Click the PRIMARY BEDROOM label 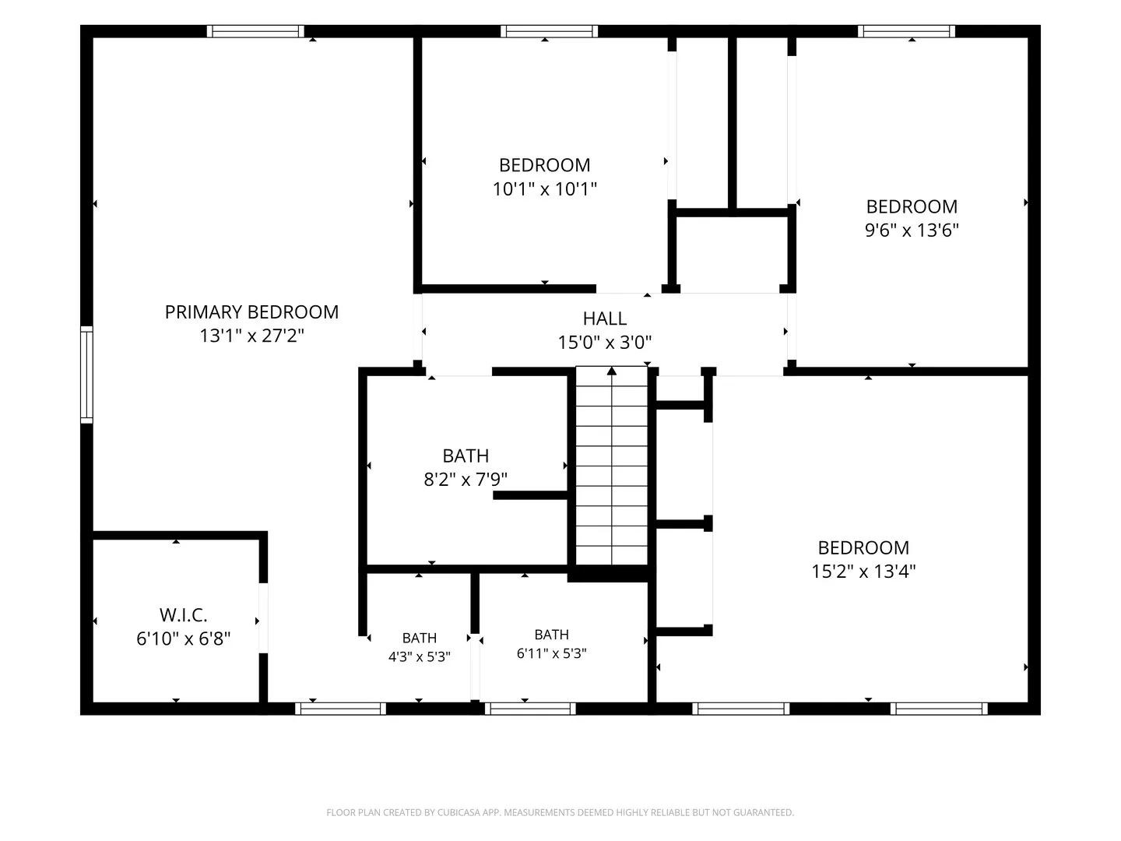pyautogui.click(x=251, y=312)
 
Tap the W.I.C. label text pyautogui.click(x=184, y=615)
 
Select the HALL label pyautogui.click(x=605, y=318)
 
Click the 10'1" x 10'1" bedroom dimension pyautogui.click(x=544, y=189)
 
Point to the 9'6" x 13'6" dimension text pyautogui.click(x=912, y=230)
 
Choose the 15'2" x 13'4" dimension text pyautogui.click(x=863, y=572)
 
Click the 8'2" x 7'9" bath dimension pyautogui.click(x=466, y=480)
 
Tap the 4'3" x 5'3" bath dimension pyautogui.click(x=420, y=656)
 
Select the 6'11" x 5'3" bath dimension pyautogui.click(x=552, y=653)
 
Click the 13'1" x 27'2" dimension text pyautogui.click(x=251, y=336)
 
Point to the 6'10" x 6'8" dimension pyautogui.click(x=184, y=639)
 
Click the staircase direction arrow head pyautogui.click(x=612, y=371)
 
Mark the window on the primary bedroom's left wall pyautogui.click(x=87, y=375)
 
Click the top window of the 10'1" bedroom pyautogui.click(x=549, y=31)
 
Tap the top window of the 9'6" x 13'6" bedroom pyautogui.click(x=906, y=31)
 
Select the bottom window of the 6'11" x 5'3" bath pyautogui.click(x=530, y=709)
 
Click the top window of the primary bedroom pyautogui.click(x=255, y=31)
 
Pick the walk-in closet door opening pyautogui.click(x=263, y=618)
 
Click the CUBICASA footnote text pyautogui.click(x=560, y=812)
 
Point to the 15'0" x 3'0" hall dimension pyautogui.click(x=605, y=342)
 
